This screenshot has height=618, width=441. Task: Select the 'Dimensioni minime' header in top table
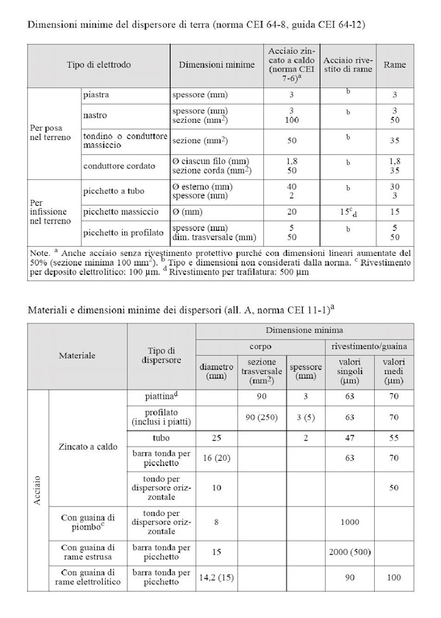(213, 65)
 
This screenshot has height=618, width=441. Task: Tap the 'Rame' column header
(395, 65)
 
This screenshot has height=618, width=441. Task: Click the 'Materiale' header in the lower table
(76, 353)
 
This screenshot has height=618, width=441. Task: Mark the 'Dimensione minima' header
(304, 331)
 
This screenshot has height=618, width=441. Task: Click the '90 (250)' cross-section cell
(262, 417)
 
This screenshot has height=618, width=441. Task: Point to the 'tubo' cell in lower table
(162, 438)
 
